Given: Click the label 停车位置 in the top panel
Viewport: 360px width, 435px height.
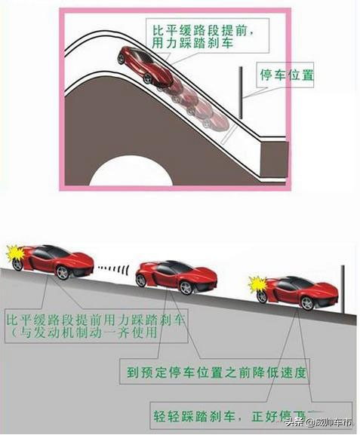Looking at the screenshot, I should point(287,77).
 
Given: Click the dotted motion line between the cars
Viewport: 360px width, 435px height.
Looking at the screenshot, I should point(114,268).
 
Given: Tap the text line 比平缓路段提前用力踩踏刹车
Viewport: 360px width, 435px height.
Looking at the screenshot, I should point(95,317).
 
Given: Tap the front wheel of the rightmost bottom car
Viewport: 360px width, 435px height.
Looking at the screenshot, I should point(307,302).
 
